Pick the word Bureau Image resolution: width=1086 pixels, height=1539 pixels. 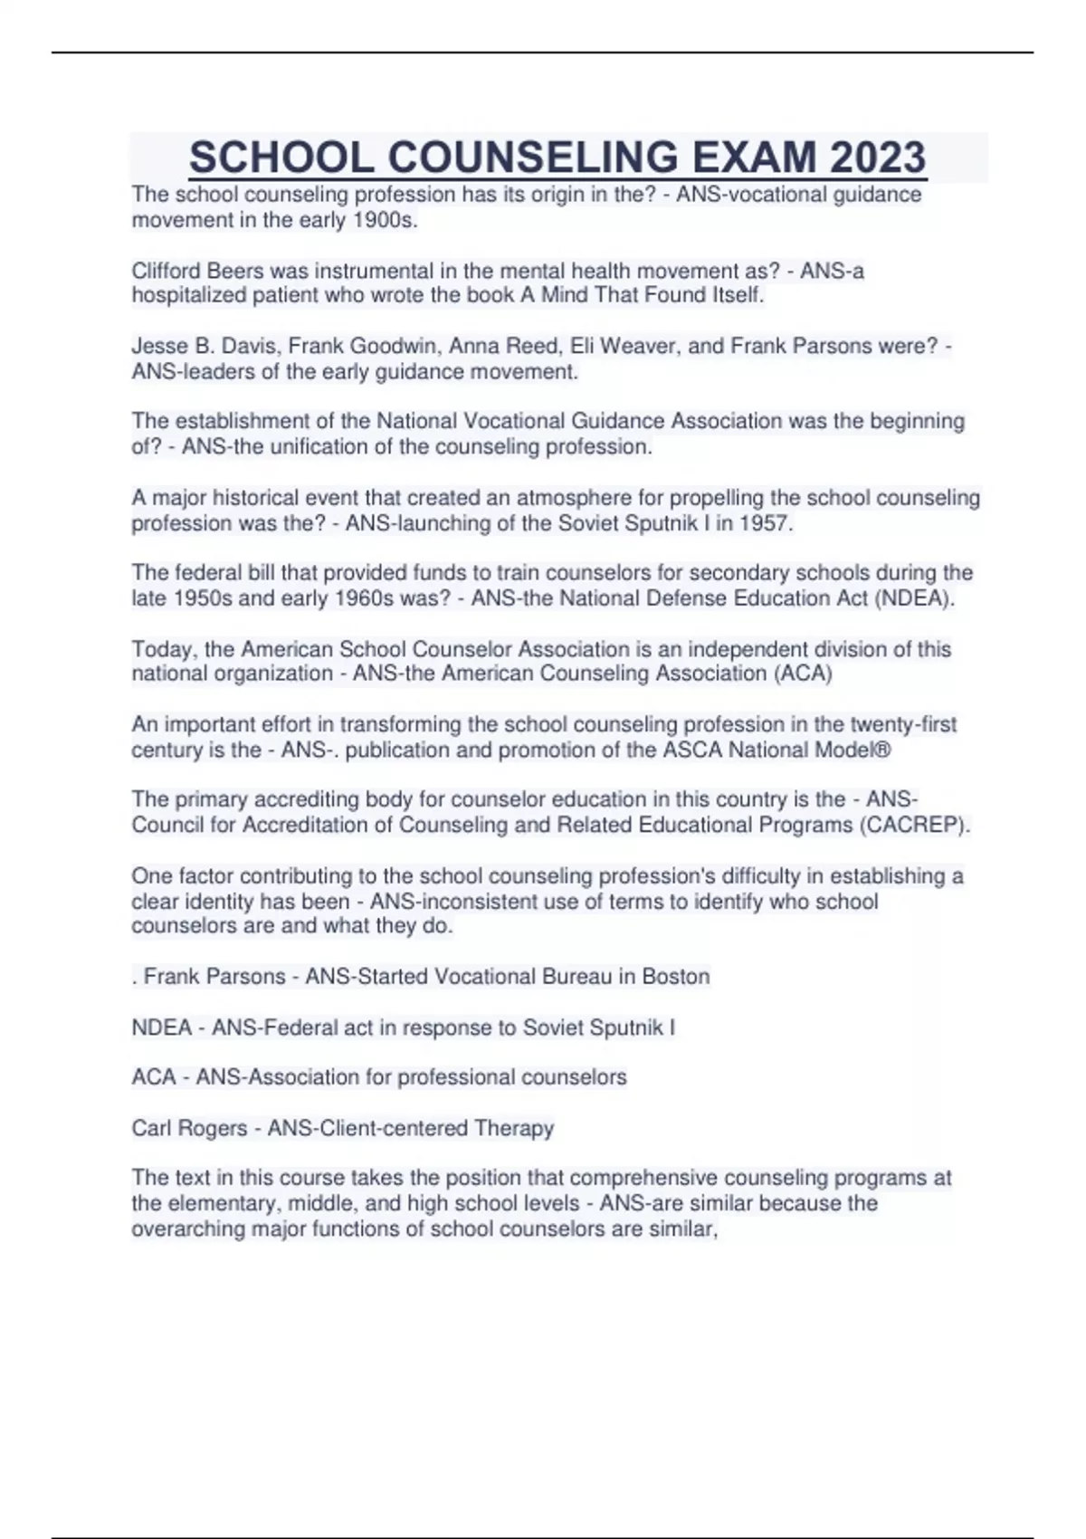point(580,977)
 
